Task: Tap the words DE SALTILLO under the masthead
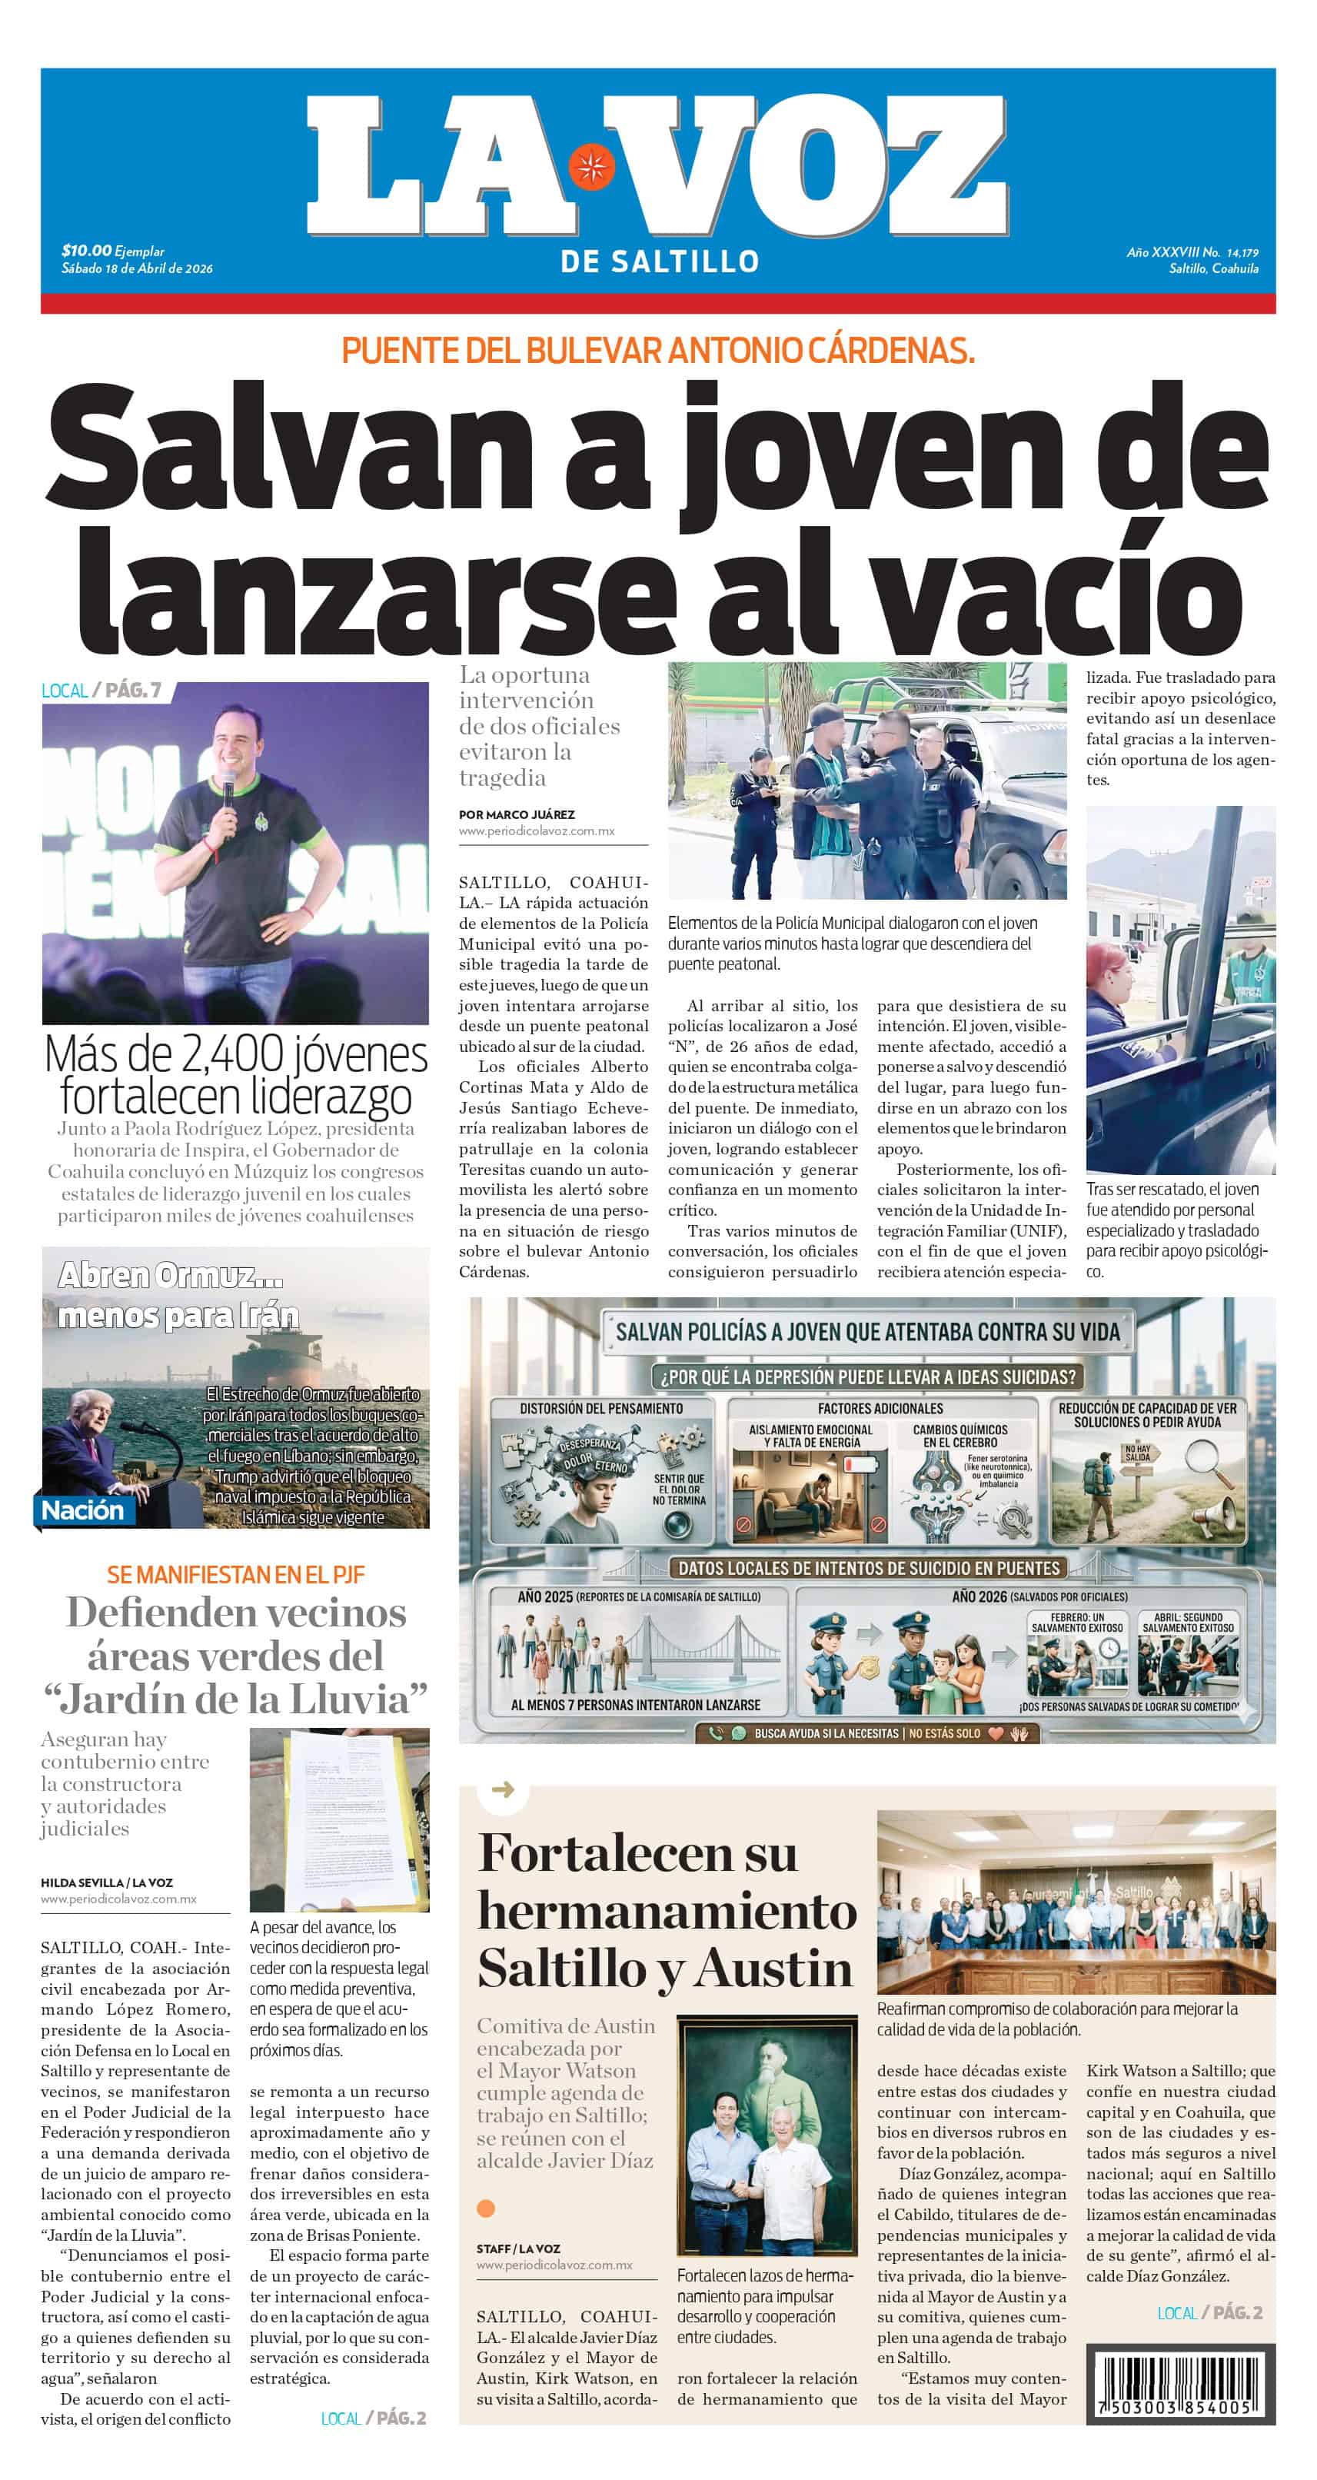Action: click(x=660, y=261)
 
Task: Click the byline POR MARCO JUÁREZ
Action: click(x=517, y=814)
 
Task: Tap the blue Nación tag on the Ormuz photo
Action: click(x=83, y=1510)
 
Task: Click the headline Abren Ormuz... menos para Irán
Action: click(x=178, y=1295)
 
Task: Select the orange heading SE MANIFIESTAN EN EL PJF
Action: click(x=236, y=1575)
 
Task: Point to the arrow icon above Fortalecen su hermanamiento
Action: click(x=503, y=1789)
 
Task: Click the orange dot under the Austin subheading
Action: click(x=486, y=2208)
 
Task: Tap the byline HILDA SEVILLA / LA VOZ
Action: click(x=107, y=1882)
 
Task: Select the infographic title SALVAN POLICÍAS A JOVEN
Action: click(x=867, y=1333)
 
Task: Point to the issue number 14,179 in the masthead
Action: click(x=1242, y=252)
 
